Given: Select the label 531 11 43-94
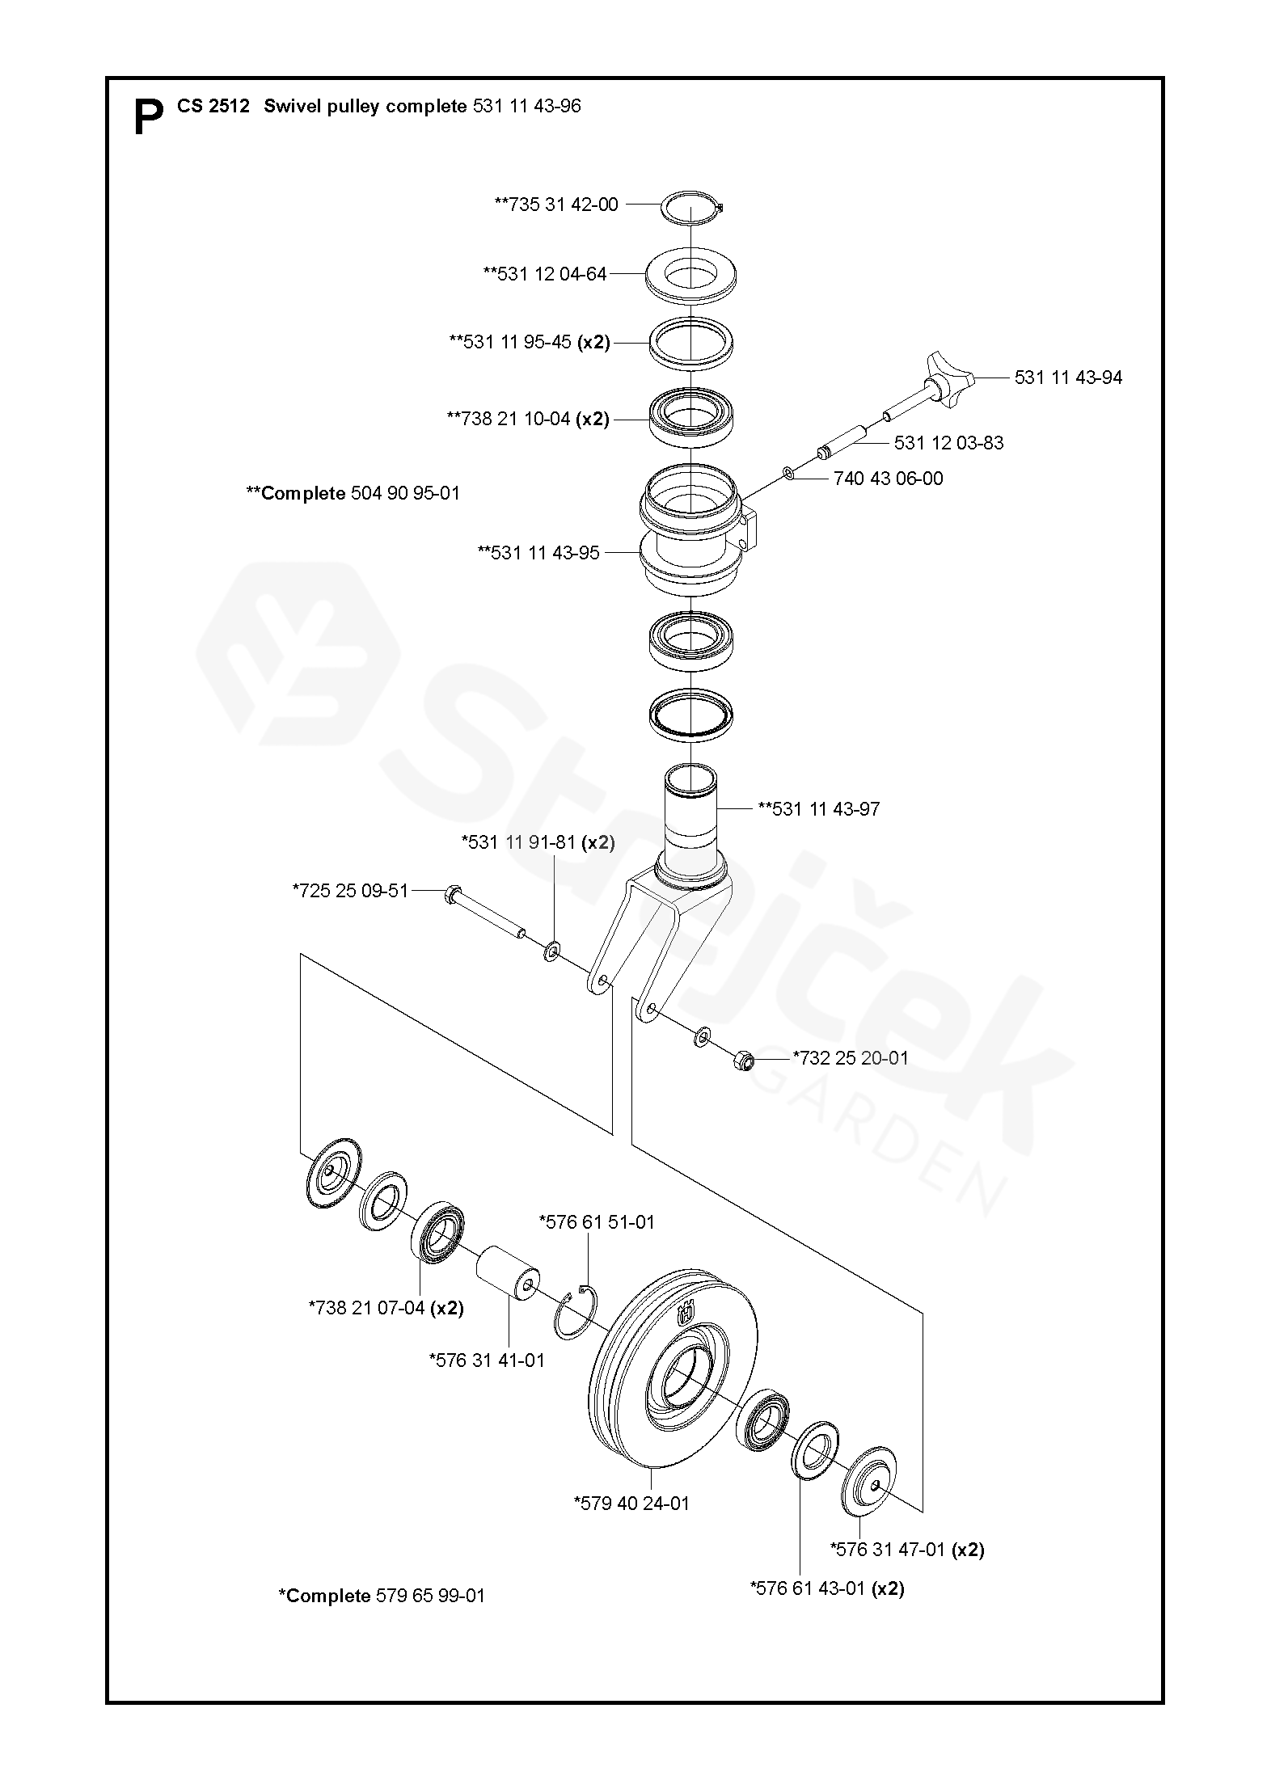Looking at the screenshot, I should [x=1068, y=378].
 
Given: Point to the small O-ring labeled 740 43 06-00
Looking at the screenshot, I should [x=789, y=473].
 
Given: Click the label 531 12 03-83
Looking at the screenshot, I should [x=948, y=443].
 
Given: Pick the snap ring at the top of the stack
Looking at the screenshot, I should [x=692, y=206].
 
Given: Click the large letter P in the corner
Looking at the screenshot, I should [x=148, y=117].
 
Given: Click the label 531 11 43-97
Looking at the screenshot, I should [x=818, y=808].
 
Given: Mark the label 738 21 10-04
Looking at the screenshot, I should [x=528, y=419].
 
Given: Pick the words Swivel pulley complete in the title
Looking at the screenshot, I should [x=365, y=107].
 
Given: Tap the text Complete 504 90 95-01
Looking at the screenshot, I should [x=353, y=493].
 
